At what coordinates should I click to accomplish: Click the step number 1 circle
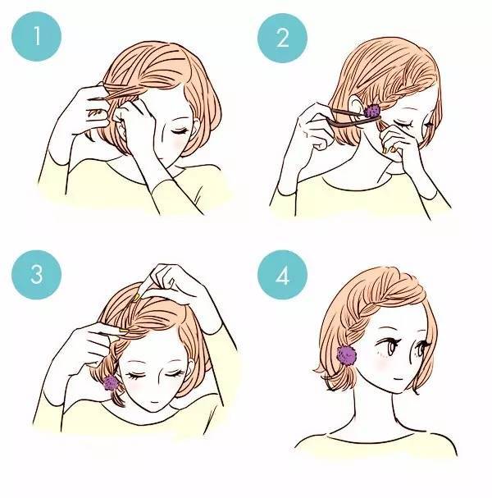click(36, 36)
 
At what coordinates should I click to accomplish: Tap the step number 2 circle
click(282, 38)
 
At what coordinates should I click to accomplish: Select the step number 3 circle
click(36, 275)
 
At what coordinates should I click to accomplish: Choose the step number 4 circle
click(282, 275)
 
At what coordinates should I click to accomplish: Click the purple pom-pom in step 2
click(372, 111)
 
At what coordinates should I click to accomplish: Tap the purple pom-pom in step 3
click(111, 383)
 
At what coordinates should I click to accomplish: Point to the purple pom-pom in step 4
click(347, 354)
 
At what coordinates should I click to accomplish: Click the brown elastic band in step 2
click(353, 117)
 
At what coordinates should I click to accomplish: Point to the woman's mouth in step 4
click(399, 378)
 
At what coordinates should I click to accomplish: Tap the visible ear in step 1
click(119, 117)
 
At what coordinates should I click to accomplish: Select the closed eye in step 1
click(178, 130)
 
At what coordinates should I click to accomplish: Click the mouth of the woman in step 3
click(155, 402)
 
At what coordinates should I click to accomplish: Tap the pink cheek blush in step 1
click(178, 144)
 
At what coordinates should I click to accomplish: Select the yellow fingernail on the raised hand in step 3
click(136, 298)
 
